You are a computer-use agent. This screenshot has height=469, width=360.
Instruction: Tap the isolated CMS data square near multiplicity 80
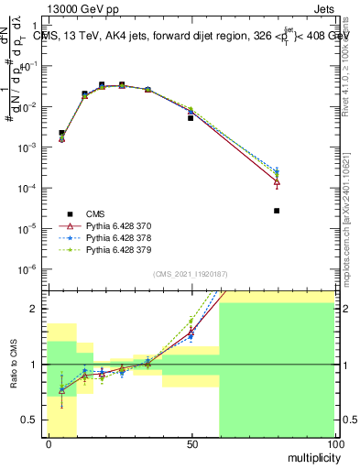tap(277, 211)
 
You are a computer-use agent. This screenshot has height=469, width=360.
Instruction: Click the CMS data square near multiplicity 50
tap(191, 118)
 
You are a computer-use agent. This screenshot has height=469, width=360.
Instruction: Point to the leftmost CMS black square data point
tap(61, 134)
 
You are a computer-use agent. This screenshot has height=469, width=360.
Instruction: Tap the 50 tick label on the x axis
tap(191, 444)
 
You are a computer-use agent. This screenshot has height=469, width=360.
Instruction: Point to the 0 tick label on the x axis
tap(48, 444)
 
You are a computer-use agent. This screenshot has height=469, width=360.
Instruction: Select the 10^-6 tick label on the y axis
tap(31, 268)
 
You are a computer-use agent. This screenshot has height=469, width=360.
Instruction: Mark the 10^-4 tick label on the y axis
tap(31, 188)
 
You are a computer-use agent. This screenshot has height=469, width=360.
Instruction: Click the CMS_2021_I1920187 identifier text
tap(191, 274)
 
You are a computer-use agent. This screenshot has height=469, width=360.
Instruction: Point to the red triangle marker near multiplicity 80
tap(277, 181)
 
